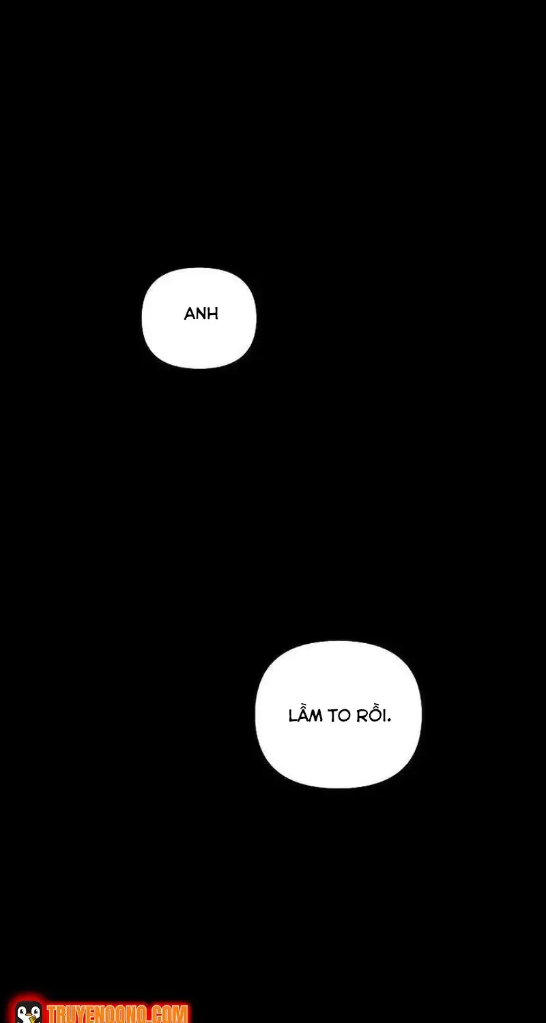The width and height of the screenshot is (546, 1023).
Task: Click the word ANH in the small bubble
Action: pos(201,314)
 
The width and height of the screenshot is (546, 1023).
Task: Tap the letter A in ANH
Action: pos(189,314)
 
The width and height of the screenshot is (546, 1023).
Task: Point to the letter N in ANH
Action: pos(201,314)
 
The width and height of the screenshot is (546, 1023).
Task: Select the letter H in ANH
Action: pos(213,314)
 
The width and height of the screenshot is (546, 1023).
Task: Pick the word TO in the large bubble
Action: pos(339,716)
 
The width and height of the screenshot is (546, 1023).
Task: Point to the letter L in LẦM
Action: pos(293,716)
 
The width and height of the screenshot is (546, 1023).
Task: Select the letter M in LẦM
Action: pos(316,716)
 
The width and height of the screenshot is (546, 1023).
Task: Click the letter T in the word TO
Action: pos(333,716)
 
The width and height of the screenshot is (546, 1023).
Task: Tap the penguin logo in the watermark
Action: pos(28,1011)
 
